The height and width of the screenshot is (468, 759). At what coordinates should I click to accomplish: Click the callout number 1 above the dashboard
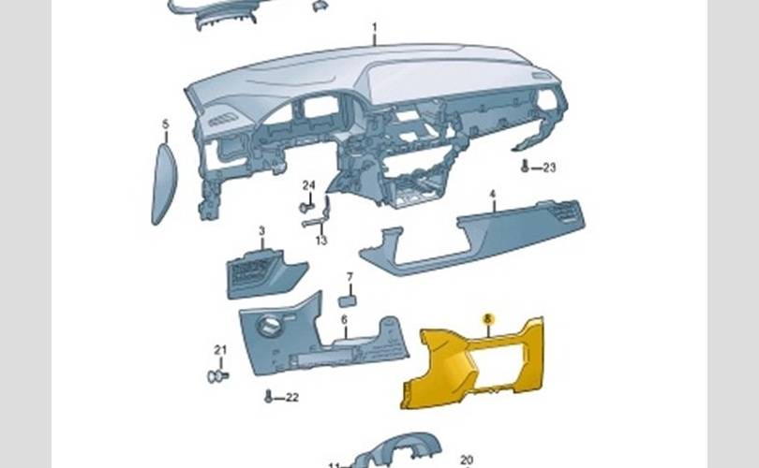373,28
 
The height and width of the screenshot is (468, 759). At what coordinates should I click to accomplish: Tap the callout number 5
165,124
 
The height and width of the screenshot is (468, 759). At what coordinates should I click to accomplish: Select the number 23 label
548,168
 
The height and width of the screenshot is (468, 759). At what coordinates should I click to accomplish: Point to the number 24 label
308,184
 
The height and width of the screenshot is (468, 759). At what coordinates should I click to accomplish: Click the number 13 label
321,241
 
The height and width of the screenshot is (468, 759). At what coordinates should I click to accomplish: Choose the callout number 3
261,230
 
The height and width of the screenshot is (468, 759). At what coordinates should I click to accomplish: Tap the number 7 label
349,277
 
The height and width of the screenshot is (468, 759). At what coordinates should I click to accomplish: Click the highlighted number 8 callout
487,319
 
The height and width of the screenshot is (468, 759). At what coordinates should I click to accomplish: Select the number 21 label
220,350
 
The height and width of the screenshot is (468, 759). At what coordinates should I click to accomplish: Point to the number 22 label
291,398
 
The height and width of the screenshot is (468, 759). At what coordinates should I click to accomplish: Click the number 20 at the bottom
467,460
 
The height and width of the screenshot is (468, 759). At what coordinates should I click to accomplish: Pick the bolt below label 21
216,376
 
